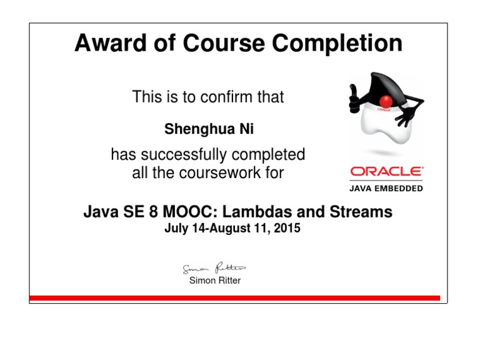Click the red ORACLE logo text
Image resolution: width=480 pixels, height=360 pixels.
point(386,171)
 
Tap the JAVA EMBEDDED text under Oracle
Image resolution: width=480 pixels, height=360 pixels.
point(386,188)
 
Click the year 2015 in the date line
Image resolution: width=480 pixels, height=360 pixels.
point(287,228)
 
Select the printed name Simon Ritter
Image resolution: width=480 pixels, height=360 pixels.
point(214,281)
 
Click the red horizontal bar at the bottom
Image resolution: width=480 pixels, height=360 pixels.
point(234,298)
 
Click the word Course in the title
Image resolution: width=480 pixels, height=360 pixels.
point(216,44)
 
